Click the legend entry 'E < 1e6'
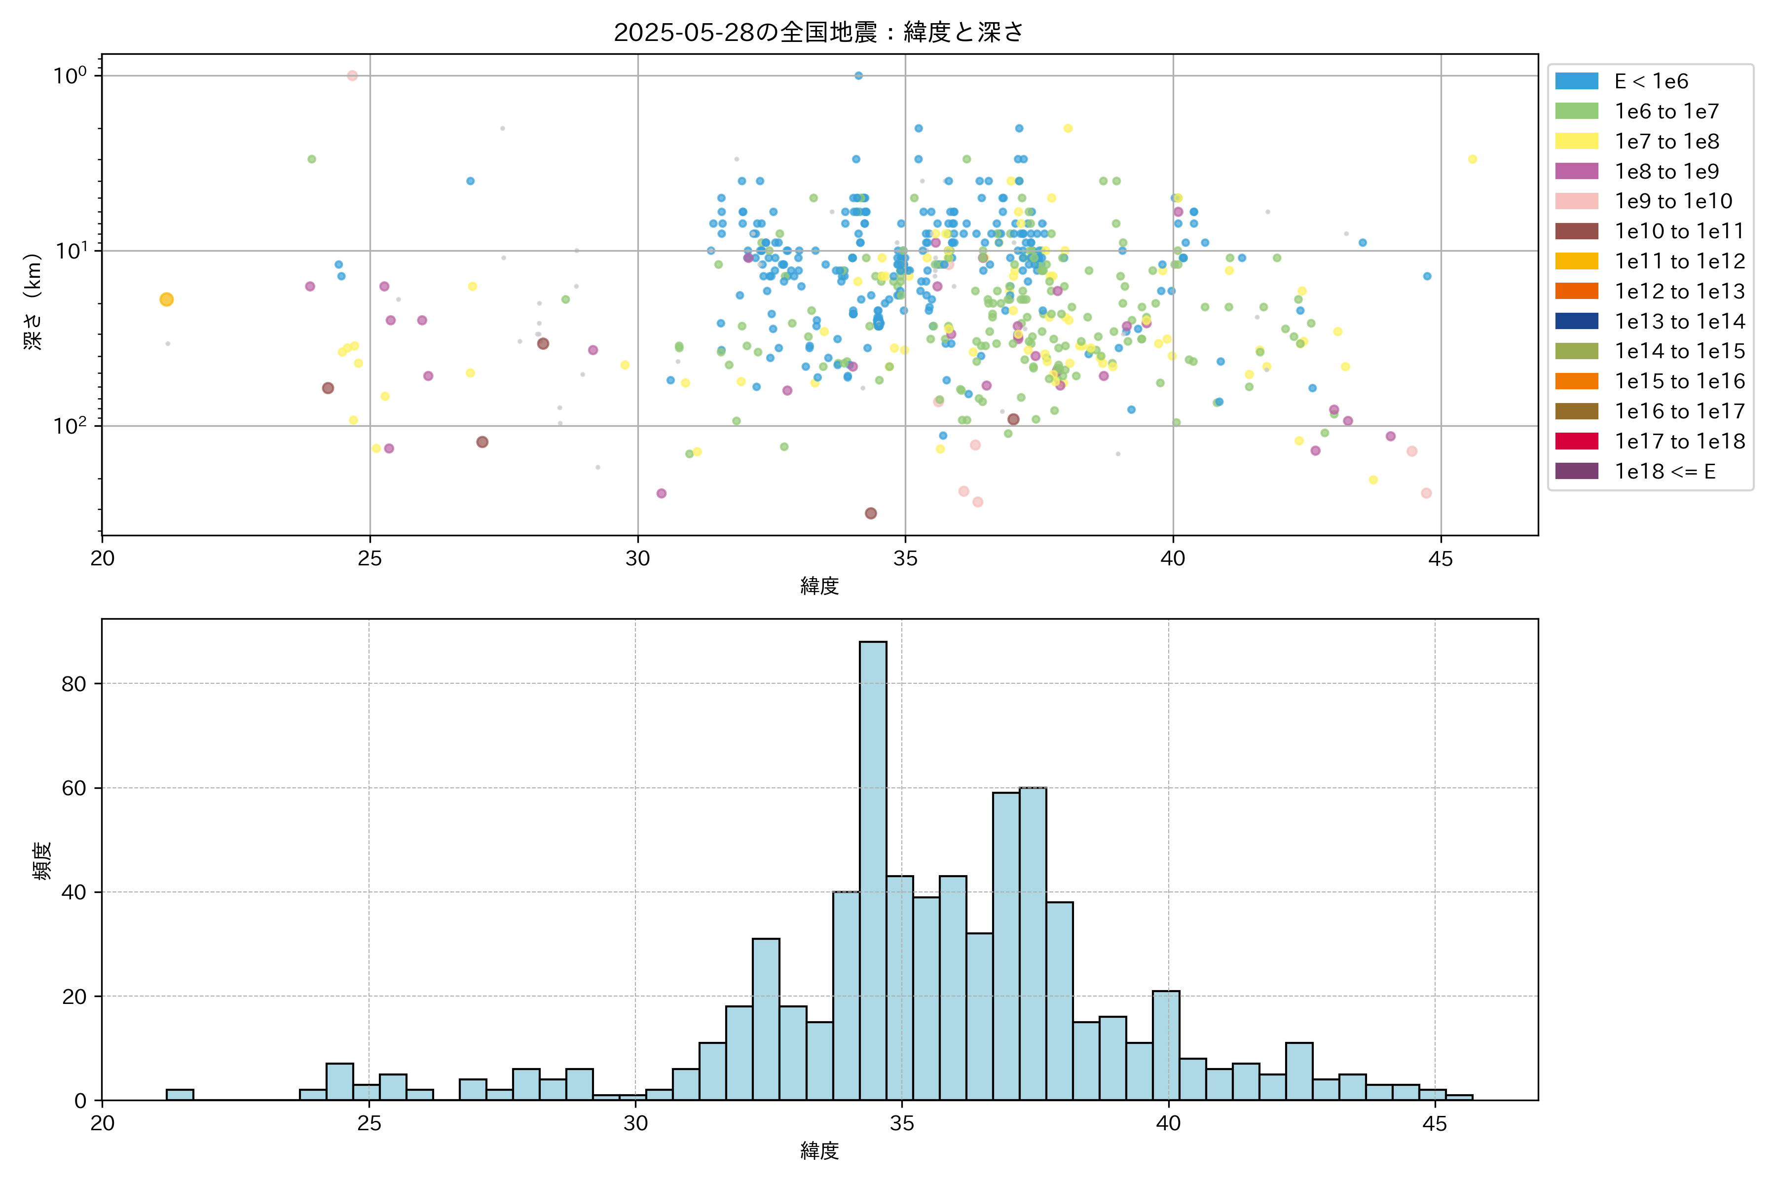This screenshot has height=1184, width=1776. (x=1651, y=81)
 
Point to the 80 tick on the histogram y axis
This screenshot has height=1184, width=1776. (x=74, y=684)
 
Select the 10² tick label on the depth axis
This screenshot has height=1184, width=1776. (x=70, y=426)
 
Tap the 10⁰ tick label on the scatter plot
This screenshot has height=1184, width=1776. (x=70, y=75)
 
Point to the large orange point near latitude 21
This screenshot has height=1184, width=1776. (x=167, y=300)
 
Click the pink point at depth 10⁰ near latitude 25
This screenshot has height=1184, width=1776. (x=352, y=75)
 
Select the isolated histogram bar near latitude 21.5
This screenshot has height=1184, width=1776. (x=180, y=1094)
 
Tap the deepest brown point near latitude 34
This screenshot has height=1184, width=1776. (x=871, y=514)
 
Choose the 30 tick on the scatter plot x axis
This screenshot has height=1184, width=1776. (x=637, y=559)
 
